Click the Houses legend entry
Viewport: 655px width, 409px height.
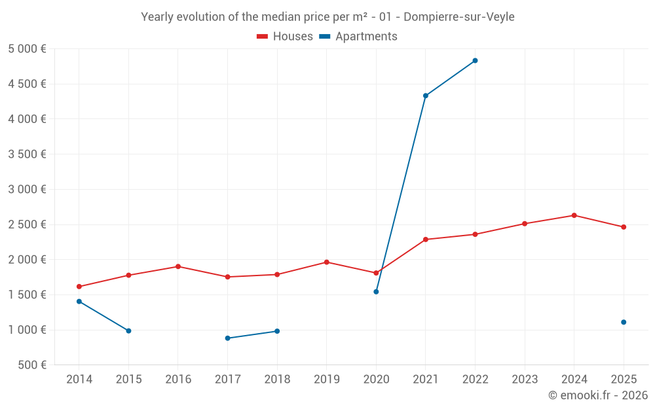point(285,37)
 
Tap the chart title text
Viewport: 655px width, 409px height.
point(327,17)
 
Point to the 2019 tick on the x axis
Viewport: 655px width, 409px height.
point(327,379)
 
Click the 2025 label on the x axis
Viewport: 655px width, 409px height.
point(624,379)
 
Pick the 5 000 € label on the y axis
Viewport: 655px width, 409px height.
point(27,49)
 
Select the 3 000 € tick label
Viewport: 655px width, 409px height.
point(27,189)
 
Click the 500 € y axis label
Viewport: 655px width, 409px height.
point(31,365)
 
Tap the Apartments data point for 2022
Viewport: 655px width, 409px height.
point(475,61)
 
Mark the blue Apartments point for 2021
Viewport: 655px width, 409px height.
point(426,96)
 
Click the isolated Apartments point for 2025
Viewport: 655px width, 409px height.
point(624,322)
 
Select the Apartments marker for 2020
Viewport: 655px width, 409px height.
point(376,292)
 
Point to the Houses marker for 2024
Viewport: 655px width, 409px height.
point(574,215)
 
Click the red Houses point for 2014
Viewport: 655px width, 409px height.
point(79,287)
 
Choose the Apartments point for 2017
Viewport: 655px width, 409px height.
point(227,338)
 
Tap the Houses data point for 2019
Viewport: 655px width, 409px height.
point(327,262)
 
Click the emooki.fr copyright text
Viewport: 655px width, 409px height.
point(597,395)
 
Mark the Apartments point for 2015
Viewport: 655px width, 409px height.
point(128,330)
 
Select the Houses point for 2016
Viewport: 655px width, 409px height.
point(178,266)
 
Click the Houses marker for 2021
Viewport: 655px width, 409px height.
point(426,240)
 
